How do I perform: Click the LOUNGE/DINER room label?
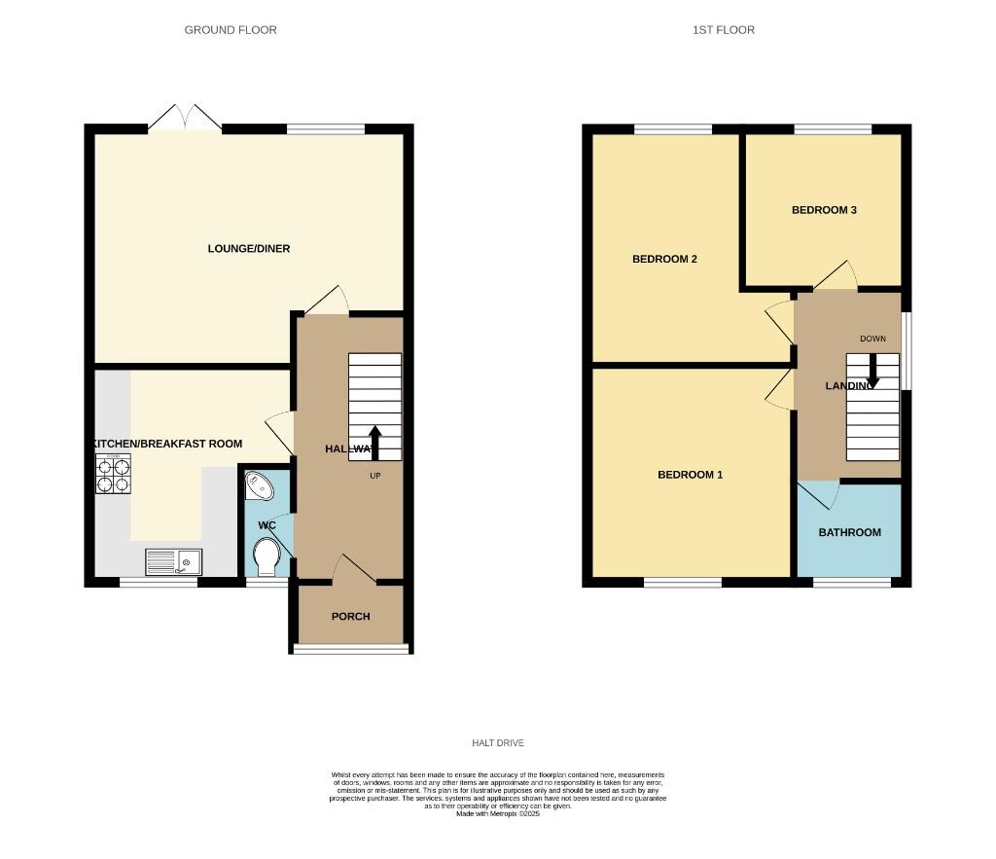(x=249, y=249)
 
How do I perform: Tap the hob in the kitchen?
(x=113, y=475)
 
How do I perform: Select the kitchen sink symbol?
(x=172, y=560)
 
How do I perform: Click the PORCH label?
(x=351, y=617)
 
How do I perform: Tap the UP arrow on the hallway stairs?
(x=374, y=442)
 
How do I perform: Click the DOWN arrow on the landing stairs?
(x=872, y=371)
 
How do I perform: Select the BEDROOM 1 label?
(x=691, y=475)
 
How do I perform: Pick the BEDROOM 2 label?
(x=665, y=259)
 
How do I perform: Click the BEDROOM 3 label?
(x=824, y=210)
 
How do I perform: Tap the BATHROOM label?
(x=849, y=532)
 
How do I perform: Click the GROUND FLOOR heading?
(x=231, y=30)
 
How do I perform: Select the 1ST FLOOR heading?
(x=724, y=30)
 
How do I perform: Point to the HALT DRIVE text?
(x=498, y=743)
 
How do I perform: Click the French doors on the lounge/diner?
(x=185, y=118)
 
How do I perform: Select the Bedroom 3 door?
(x=836, y=276)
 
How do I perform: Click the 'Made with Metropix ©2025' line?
(x=498, y=813)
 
